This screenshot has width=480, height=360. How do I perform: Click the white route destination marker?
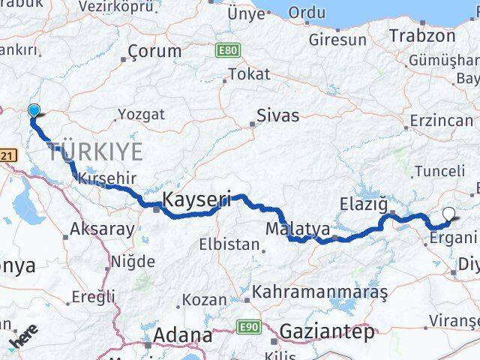(448, 214)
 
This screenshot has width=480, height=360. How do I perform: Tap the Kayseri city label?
(197, 200)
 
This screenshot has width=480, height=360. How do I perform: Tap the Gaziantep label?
(327, 330)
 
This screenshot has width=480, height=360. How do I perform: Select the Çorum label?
(154, 51)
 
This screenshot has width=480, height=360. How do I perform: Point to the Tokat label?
(248, 73)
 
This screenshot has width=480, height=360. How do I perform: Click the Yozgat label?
(140, 115)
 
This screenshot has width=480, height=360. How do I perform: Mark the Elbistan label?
(229, 244)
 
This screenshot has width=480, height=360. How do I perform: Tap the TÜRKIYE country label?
(95, 152)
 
